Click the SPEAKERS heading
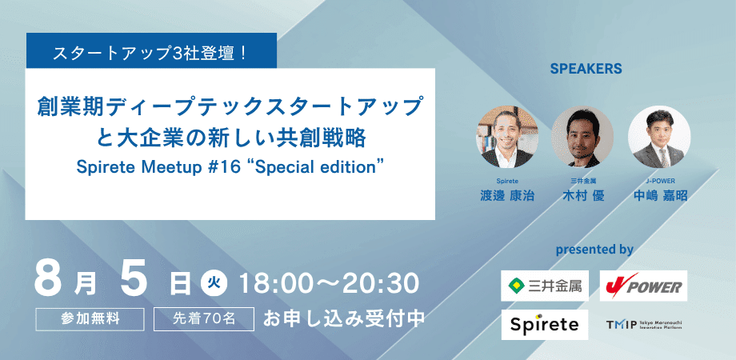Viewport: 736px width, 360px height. [586, 69]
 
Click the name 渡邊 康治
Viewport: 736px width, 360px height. [507, 196]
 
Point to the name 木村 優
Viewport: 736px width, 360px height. [583, 196]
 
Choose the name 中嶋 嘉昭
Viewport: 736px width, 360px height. [660, 196]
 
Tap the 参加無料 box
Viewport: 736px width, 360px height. [90, 318]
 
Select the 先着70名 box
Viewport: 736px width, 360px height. [204, 318]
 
